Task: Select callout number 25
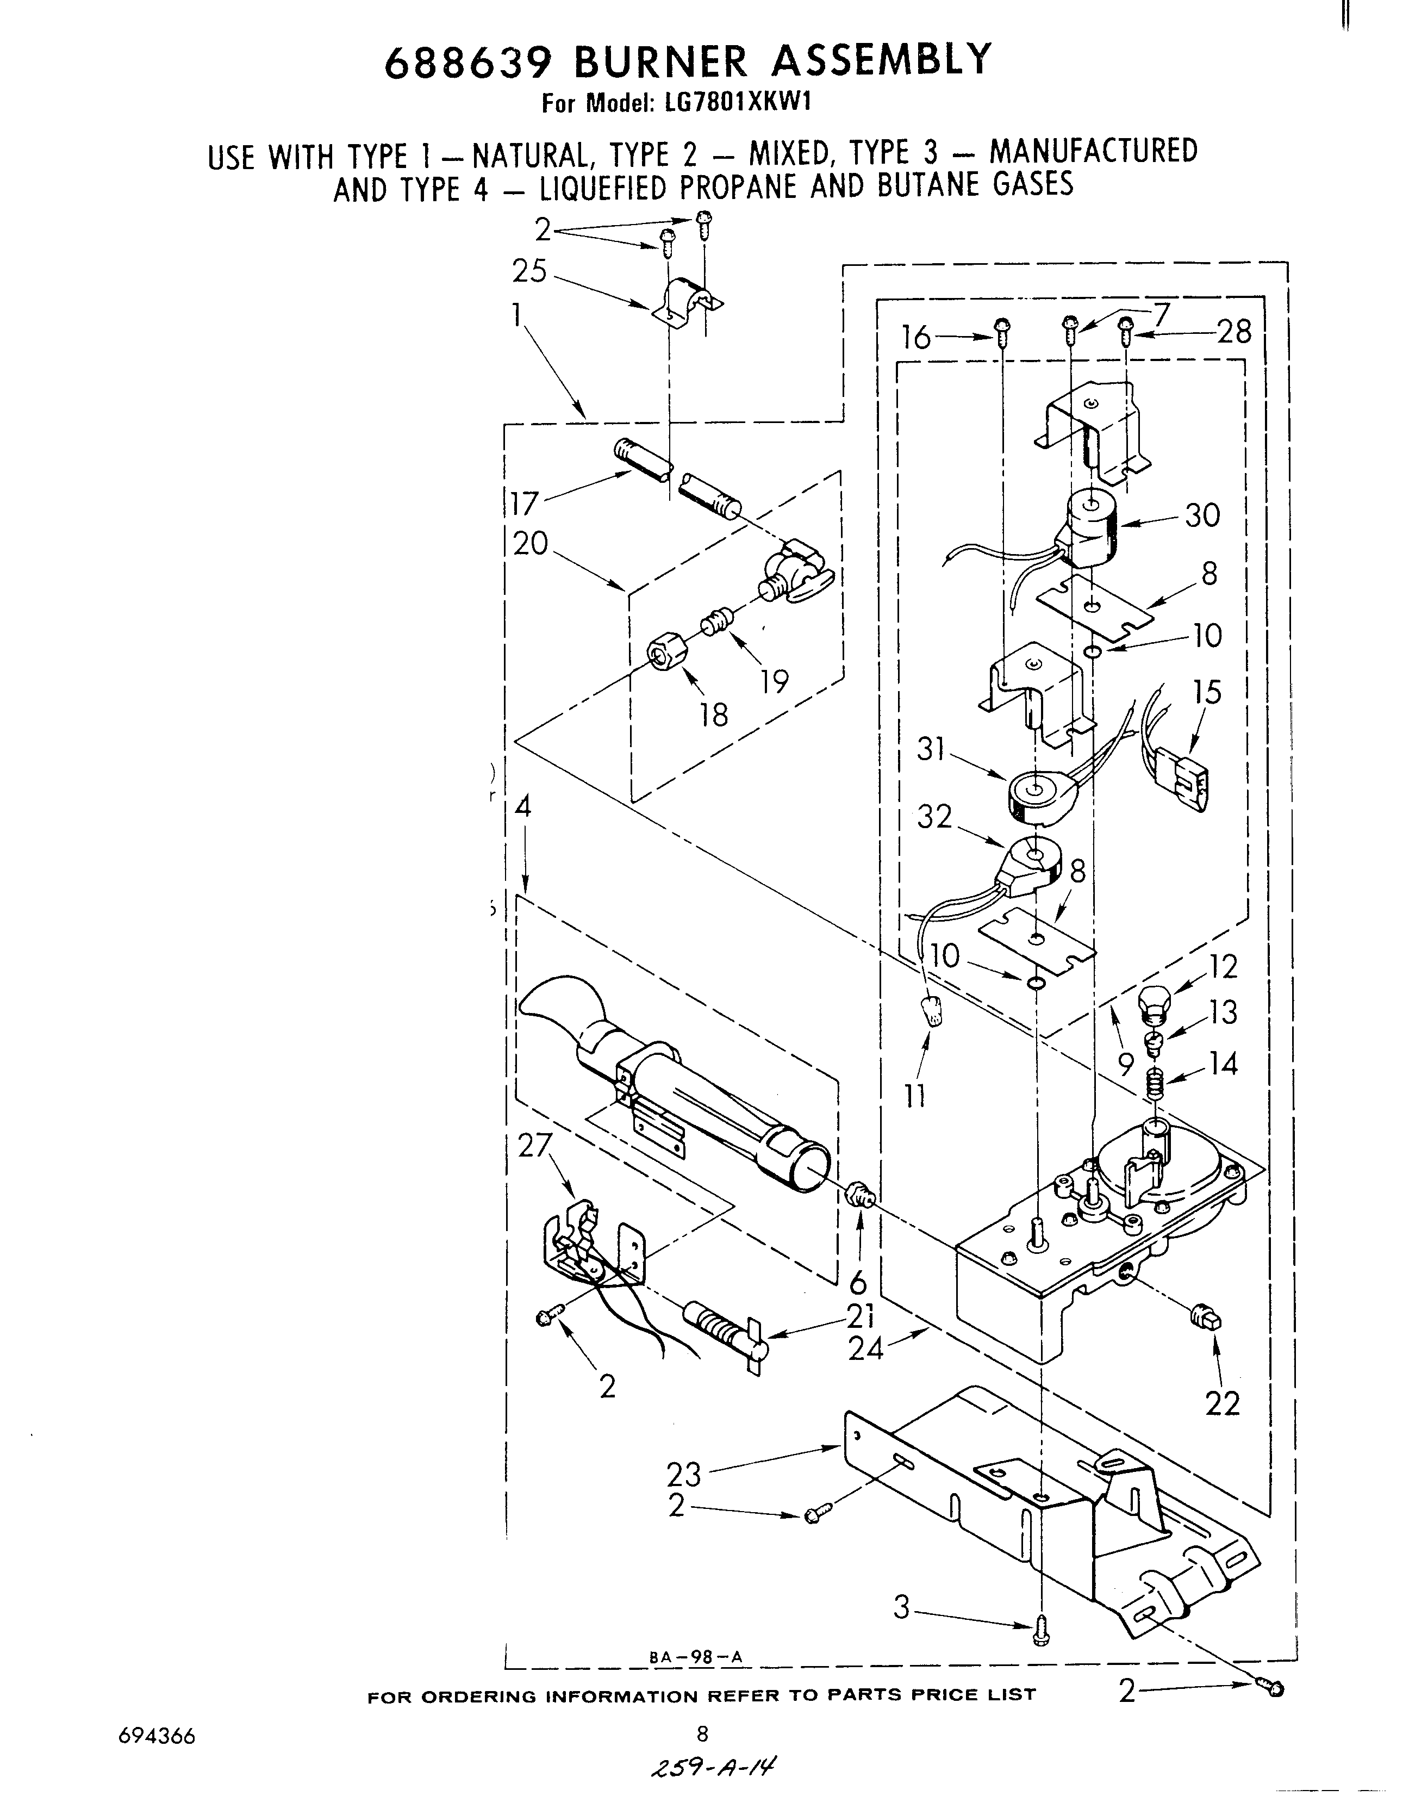[x=529, y=271]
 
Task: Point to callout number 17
[x=525, y=502]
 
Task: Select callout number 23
[x=684, y=1474]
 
